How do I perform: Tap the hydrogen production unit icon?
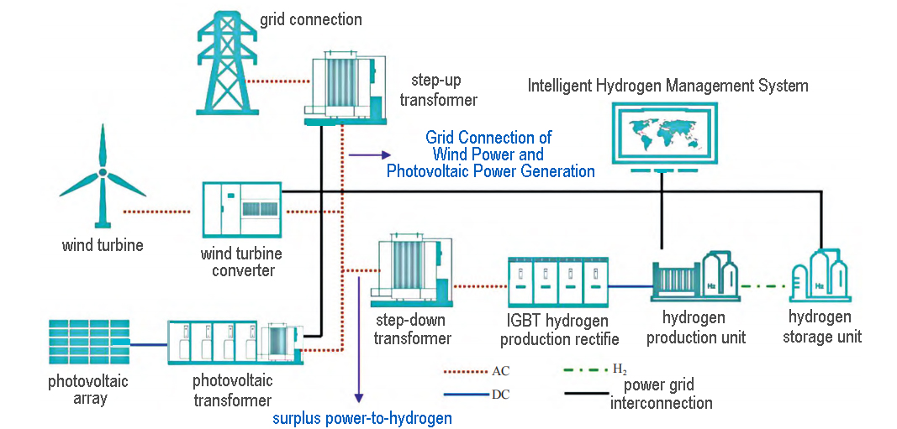point(694,278)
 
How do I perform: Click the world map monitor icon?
point(662,134)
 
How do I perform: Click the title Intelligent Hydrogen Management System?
point(667,86)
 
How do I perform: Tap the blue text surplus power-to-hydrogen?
point(362,417)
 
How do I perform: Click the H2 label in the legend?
point(620,369)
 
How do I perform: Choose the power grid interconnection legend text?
point(670,395)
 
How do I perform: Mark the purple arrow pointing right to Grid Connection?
point(370,154)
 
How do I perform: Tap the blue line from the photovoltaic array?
point(149,344)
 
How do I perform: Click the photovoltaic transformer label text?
point(232,390)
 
